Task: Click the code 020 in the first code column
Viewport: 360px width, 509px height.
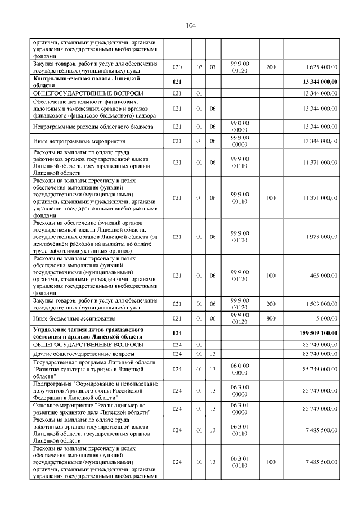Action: click(177, 67)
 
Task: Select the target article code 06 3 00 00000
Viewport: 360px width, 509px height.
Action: click(240, 390)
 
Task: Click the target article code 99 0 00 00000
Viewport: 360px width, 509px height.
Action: click(240, 127)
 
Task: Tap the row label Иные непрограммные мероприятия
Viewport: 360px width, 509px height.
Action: click(71, 141)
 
